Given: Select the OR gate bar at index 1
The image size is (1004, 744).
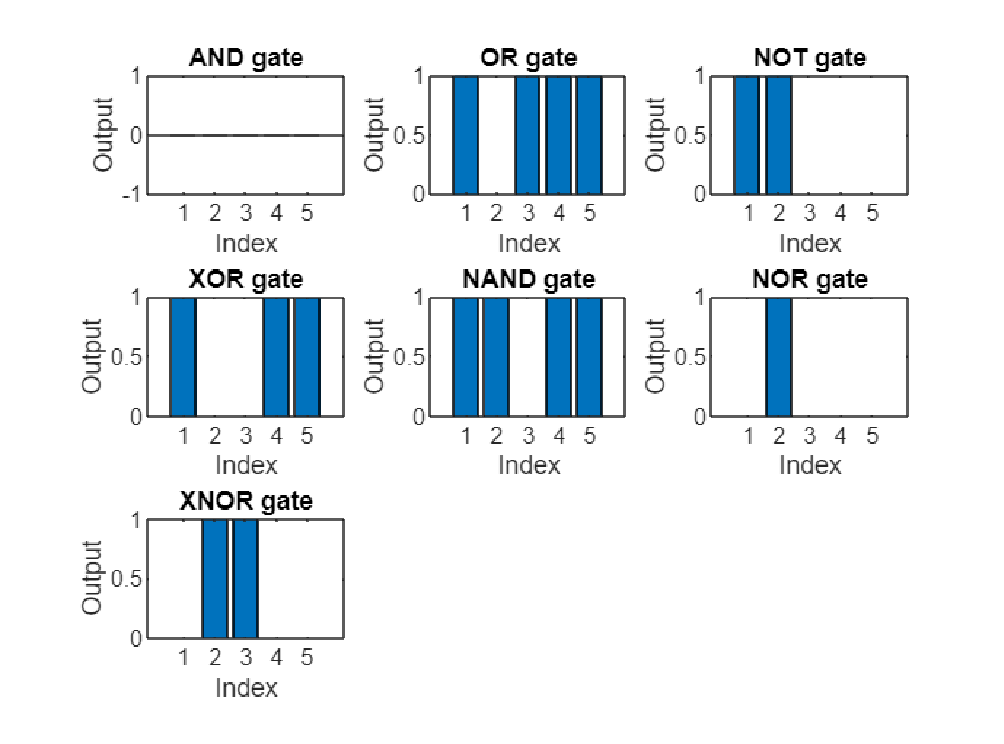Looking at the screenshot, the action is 466,136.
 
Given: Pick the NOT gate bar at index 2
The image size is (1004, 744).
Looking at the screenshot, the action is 779,136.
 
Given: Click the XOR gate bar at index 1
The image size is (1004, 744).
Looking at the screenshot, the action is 183,357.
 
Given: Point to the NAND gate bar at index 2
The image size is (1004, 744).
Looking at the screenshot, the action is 496,357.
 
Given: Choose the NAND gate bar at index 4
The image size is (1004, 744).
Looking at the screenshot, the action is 558,357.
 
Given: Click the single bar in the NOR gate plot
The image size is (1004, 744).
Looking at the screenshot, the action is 779,357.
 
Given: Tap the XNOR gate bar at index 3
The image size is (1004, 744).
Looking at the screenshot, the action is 246,579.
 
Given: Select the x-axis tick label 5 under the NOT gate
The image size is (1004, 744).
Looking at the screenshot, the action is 872,213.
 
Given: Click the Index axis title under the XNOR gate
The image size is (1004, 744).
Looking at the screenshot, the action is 247,688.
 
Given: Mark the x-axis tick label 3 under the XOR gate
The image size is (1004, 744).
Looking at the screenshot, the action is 246,435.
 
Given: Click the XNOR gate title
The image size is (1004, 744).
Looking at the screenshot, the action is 246,501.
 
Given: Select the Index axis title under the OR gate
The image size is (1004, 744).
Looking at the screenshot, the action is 529,244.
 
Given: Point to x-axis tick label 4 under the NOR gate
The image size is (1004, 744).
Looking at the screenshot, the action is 841,435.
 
